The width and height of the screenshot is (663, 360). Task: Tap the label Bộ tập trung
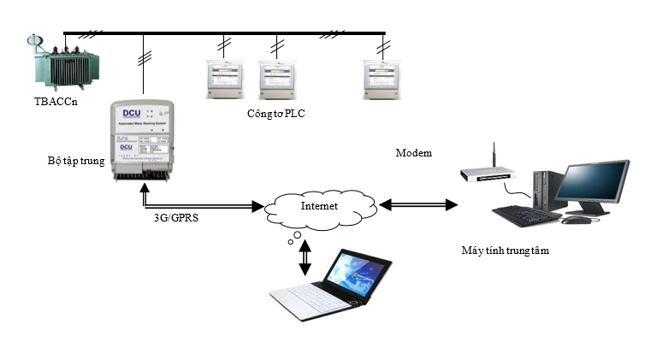tap(75, 160)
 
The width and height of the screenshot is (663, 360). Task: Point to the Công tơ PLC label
tap(275, 113)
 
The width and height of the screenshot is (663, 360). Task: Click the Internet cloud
tap(321, 206)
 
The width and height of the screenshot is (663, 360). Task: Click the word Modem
tap(414, 153)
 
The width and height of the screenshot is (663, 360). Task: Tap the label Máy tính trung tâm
tap(505, 251)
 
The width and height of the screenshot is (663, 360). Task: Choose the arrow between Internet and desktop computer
tap(419, 205)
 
